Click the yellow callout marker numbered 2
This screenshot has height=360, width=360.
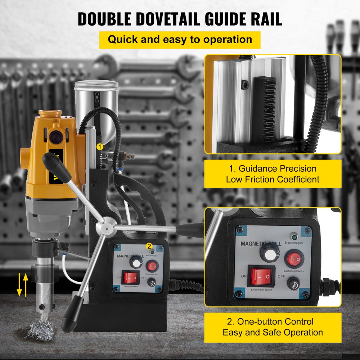tap(148, 246)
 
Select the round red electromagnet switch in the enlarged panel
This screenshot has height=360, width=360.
tap(293, 258)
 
